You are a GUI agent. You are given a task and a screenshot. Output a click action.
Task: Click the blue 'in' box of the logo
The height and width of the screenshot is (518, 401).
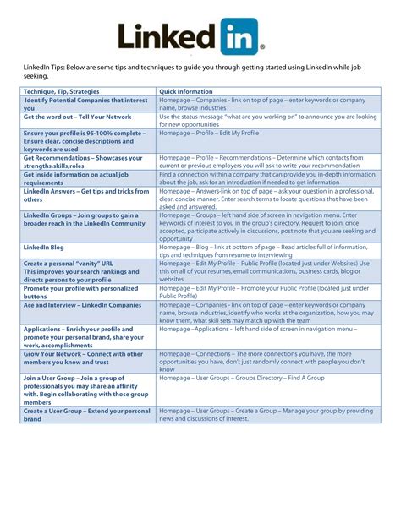(241, 37)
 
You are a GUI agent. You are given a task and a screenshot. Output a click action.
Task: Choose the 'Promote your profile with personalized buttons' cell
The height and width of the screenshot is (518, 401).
(84, 292)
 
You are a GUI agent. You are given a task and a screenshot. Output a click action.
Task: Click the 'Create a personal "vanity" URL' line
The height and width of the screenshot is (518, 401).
(69, 264)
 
